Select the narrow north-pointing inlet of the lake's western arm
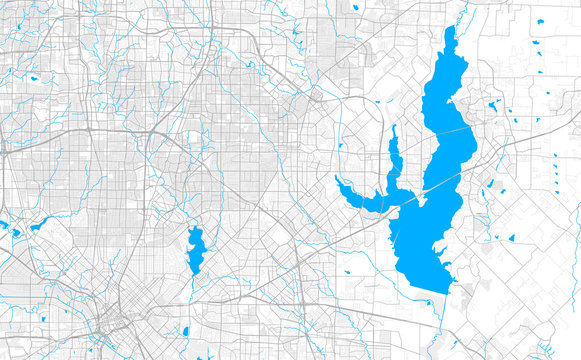394,140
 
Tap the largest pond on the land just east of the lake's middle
493,105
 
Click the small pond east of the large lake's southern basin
510,238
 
